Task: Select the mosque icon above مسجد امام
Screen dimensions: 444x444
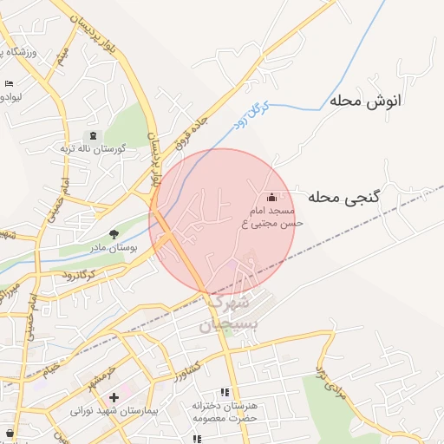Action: pyautogui.click(x=272, y=197)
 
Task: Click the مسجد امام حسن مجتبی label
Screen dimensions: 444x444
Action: pyautogui.click(x=272, y=218)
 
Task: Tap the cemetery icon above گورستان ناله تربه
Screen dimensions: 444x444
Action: pyautogui.click(x=93, y=135)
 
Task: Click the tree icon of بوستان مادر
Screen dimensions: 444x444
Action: pyautogui.click(x=114, y=234)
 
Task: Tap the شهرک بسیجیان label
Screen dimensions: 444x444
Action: pyautogui.click(x=227, y=314)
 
